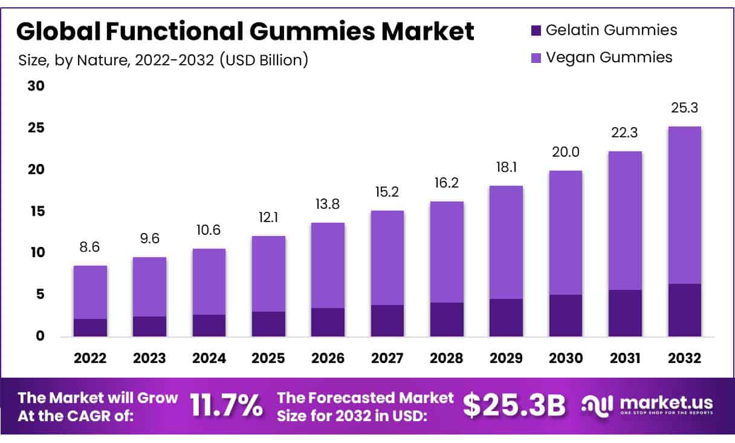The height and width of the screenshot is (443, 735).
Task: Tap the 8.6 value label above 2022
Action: click(90, 247)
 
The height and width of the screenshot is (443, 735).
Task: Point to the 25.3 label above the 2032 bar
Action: click(685, 108)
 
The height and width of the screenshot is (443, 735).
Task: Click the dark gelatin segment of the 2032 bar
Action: click(685, 310)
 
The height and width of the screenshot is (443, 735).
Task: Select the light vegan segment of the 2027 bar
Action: click(387, 257)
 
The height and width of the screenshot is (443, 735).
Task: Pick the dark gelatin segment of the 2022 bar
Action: click(90, 327)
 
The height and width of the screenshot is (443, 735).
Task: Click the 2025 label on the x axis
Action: click(268, 358)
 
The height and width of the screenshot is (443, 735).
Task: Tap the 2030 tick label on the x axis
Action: click(566, 358)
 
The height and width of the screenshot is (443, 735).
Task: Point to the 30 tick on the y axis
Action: click(36, 86)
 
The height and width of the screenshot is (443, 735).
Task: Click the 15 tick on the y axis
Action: click(36, 211)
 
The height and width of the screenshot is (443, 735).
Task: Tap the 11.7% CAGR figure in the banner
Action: click(227, 406)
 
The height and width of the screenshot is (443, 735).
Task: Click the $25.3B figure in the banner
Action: click(514, 406)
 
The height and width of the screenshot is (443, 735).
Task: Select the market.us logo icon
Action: click(598, 405)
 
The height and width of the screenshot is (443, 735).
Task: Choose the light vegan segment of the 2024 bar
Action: click(209, 281)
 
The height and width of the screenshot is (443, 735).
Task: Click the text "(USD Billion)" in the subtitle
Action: click(264, 60)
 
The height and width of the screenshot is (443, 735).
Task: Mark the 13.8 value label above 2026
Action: click(328, 204)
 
